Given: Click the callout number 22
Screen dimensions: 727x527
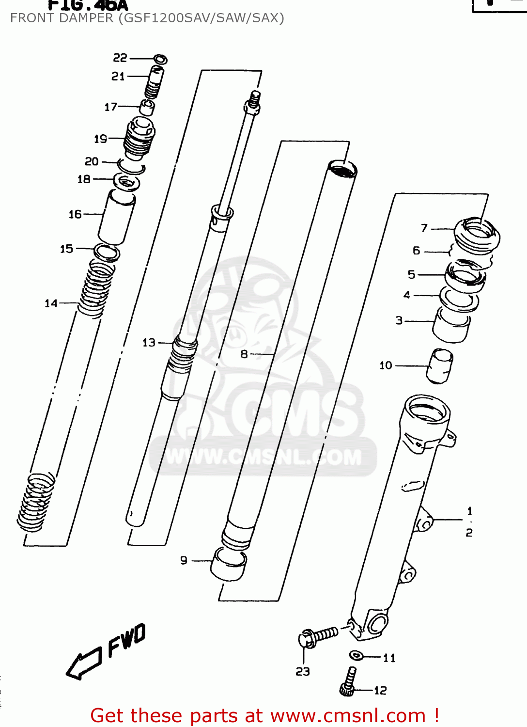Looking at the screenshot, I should [x=120, y=58].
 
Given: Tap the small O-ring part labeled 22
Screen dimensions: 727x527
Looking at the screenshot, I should [x=160, y=60].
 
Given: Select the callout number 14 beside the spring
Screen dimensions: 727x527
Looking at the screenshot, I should [x=51, y=303].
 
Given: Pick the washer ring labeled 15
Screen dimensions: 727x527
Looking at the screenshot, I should [x=107, y=253].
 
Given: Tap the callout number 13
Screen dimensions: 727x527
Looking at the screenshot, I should [x=149, y=343].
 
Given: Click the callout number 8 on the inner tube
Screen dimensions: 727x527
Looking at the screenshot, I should [x=244, y=354].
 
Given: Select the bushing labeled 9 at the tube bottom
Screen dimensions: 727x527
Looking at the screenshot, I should [x=229, y=565].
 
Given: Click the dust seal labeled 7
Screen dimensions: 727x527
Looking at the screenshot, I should [x=477, y=235].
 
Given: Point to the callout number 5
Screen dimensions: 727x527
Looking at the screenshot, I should [x=411, y=274].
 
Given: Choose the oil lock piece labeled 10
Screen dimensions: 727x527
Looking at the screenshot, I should [x=440, y=366].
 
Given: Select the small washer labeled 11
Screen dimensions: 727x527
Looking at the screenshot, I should [x=356, y=655].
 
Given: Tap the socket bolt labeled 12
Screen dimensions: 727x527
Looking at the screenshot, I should [x=349, y=681].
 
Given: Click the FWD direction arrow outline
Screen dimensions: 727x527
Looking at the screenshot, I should [x=83, y=664].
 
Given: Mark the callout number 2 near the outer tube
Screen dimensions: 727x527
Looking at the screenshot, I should [x=469, y=533].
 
